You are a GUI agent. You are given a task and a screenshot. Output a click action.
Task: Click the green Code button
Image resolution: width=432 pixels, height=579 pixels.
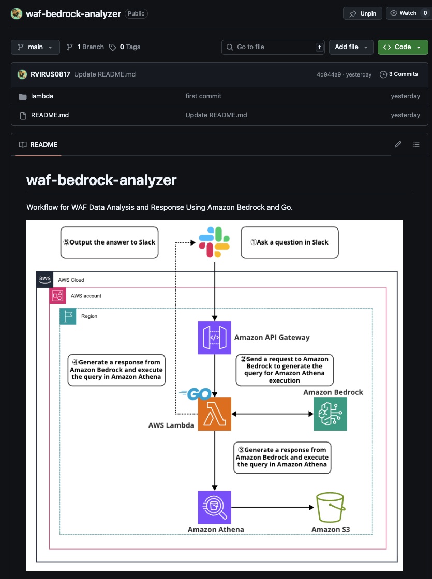pyautogui.click(x=403, y=47)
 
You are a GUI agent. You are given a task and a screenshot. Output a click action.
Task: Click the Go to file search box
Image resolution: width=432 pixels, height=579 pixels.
pyautogui.click(x=273, y=47)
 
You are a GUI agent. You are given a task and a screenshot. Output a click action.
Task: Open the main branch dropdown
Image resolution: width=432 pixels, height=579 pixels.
pyautogui.click(x=35, y=47)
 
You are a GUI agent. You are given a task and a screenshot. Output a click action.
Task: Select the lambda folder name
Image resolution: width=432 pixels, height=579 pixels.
pyautogui.click(x=42, y=96)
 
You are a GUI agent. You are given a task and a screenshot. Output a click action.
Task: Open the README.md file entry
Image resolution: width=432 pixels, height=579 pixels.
pyautogui.click(x=50, y=115)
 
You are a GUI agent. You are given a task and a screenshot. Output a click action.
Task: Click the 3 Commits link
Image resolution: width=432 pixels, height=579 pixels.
pyautogui.click(x=399, y=74)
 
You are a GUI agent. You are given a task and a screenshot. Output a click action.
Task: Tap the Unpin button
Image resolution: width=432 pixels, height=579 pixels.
pyautogui.click(x=363, y=13)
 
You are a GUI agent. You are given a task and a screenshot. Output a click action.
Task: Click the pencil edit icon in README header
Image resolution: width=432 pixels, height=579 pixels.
pyautogui.click(x=398, y=145)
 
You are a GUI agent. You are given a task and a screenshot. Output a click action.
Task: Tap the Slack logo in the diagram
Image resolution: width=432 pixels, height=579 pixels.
pyautogui.click(x=214, y=242)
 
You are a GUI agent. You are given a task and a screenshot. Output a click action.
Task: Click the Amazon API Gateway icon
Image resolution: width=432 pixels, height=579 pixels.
pyautogui.click(x=214, y=338)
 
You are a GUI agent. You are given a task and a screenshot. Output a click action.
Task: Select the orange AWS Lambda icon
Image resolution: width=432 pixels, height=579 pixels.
pyautogui.click(x=214, y=414)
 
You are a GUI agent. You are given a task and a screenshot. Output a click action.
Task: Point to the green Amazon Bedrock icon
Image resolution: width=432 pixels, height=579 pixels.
pyautogui.click(x=330, y=414)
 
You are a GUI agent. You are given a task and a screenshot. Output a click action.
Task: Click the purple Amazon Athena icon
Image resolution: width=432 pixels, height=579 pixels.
pyautogui.click(x=214, y=507)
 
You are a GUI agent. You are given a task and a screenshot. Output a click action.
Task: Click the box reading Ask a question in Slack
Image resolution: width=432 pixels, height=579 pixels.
pyautogui.click(x=289, y=242)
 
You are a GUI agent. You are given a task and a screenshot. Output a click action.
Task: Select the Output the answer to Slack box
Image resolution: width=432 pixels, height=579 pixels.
pyautogui.click(x=109, y=242)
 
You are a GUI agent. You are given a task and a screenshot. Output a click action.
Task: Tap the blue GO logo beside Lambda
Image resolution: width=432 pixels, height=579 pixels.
pyautogui.click(x=196, y=394)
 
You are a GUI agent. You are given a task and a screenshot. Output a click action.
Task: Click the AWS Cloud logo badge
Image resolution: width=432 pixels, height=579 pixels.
pyautogui.click(x=45, y=279)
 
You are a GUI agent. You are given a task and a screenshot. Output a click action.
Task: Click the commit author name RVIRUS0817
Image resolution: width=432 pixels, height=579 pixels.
pyautogui.click(x=50, y=74)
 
